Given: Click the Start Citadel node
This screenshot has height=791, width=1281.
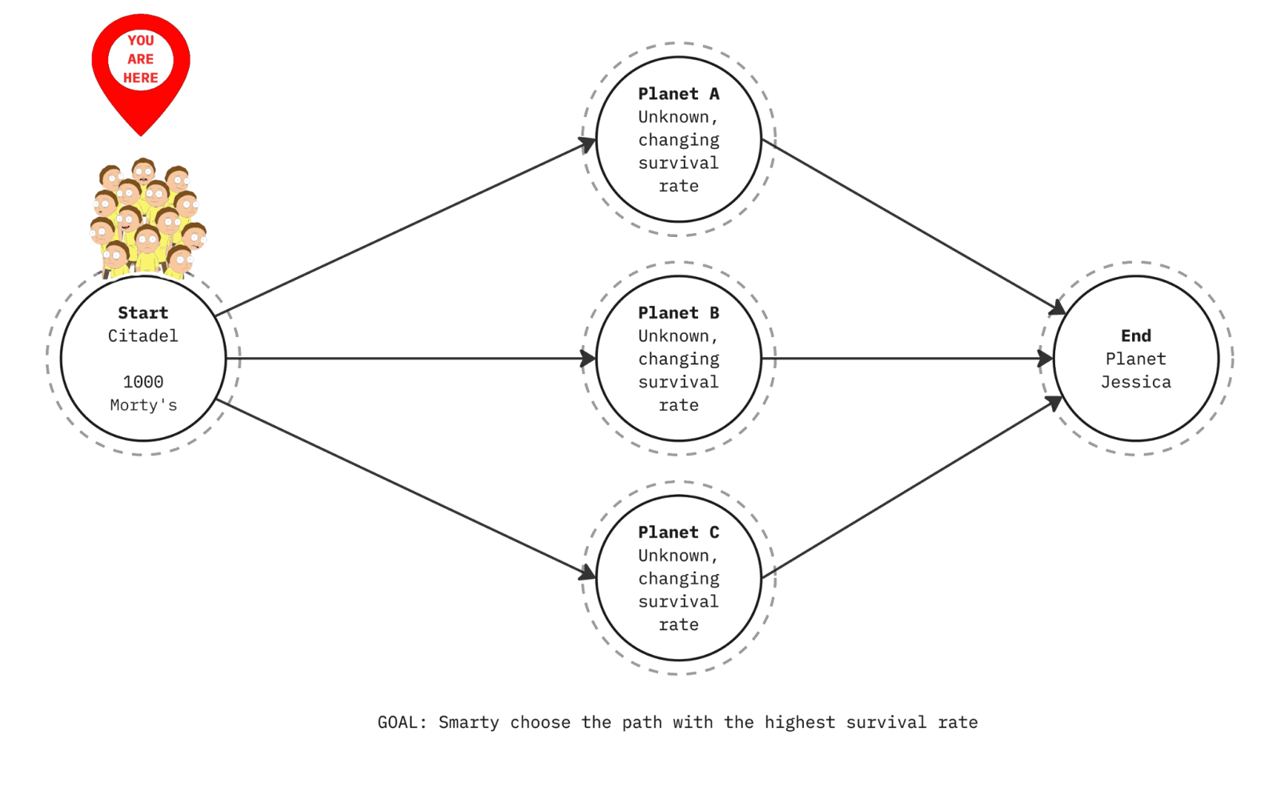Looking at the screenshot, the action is click(x=143, y=358).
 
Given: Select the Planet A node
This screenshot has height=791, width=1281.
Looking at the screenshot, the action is click(x=679, y=140).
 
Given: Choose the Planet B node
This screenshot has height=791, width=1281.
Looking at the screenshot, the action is click(x=679, y=358).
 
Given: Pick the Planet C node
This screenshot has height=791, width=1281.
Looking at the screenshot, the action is click(x=679, y=577).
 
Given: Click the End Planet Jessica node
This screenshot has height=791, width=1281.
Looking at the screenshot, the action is click(x=1136, y=358).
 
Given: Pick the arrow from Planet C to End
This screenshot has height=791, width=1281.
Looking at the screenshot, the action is click(x=913, y=488).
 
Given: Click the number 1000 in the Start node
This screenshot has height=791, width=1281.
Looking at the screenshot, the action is click(x=143, y=382).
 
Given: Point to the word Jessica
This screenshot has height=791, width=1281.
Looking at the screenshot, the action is click(x=1136, y=382).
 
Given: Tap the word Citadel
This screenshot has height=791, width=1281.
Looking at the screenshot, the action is click(x=143, y=335).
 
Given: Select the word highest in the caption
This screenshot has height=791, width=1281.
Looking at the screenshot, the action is click(x=799, y=722).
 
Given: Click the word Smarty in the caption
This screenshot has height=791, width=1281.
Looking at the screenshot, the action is click(x=469, y=722).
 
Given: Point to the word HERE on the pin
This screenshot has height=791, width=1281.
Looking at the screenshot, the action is click(x=141, y=78).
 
